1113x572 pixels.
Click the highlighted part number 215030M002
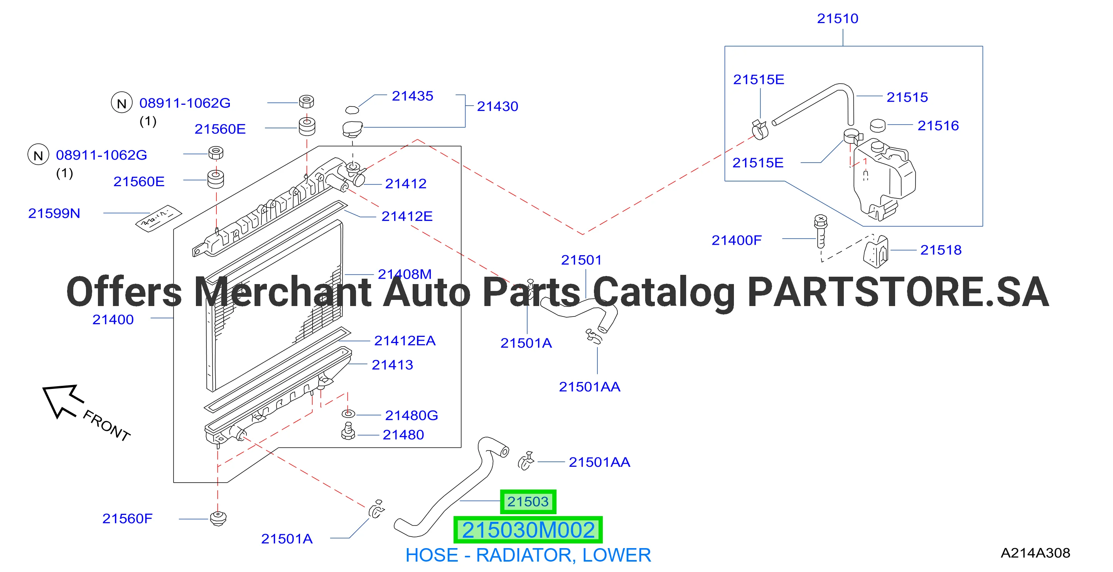click(528, 530)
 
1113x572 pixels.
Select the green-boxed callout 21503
click(528, 501)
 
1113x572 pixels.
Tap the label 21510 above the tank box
click(837, 19)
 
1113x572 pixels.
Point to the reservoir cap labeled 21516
click(877, 125)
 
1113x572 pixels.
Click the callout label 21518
click(941, 250)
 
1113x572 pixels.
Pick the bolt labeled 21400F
click(821, 231)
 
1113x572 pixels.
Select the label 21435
click(412, 96)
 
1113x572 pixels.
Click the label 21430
click(497, 106)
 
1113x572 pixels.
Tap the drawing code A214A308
click(1035, 553)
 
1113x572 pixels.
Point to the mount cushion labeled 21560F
click(218, 518)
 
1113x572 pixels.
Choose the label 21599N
click(54, 213)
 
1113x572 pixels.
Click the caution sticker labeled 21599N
click(159, 219)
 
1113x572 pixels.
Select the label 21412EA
click(405, 341)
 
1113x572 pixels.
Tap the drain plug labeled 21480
click(348, 431)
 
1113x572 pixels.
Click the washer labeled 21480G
click(348, 414)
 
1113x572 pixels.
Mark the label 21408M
click(405, 274)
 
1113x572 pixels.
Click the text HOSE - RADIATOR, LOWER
click(528, 555)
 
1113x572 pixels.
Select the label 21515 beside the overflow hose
click(907, 97)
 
